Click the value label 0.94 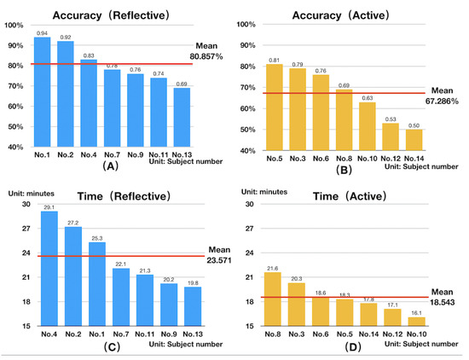click(43, 32)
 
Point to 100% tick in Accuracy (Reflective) click(14, 24)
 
